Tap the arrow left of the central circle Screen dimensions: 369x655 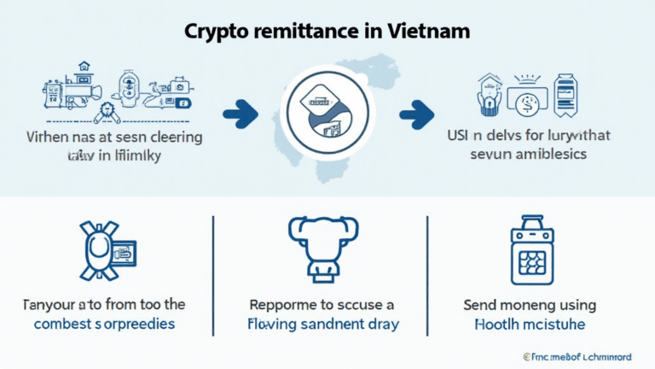240,110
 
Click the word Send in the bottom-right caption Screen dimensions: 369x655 484,305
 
